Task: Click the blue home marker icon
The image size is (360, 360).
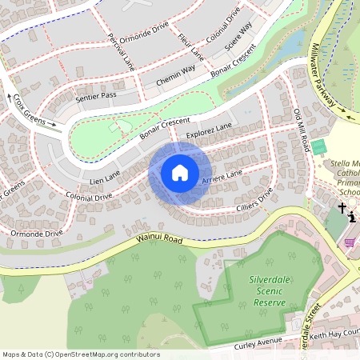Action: (180, 173)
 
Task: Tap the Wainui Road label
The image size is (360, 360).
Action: (158, 238)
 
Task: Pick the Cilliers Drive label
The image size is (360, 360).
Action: (254, 200)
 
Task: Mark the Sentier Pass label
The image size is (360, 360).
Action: (96, 96)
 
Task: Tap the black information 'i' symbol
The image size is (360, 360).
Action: (352, 216)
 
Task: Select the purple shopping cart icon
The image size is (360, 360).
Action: (350, 242)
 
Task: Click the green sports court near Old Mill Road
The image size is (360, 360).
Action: (319, 147)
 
